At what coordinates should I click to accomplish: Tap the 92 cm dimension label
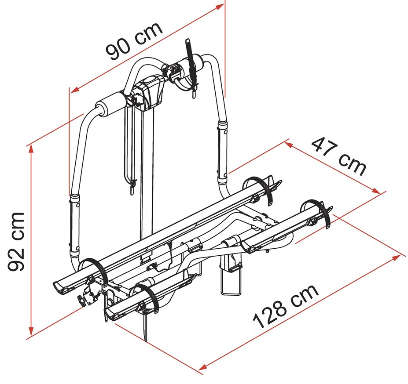coord(16,242)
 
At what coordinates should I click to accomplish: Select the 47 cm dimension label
coord(339,157)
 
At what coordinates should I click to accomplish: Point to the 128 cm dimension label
coord(286,307)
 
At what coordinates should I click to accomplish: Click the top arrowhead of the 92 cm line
coord(31,149)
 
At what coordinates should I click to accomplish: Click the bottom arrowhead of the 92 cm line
coord(31,331)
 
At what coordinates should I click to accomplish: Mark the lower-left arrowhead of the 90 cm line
coord(74,90)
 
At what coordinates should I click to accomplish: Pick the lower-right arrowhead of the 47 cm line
coord(376,191)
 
